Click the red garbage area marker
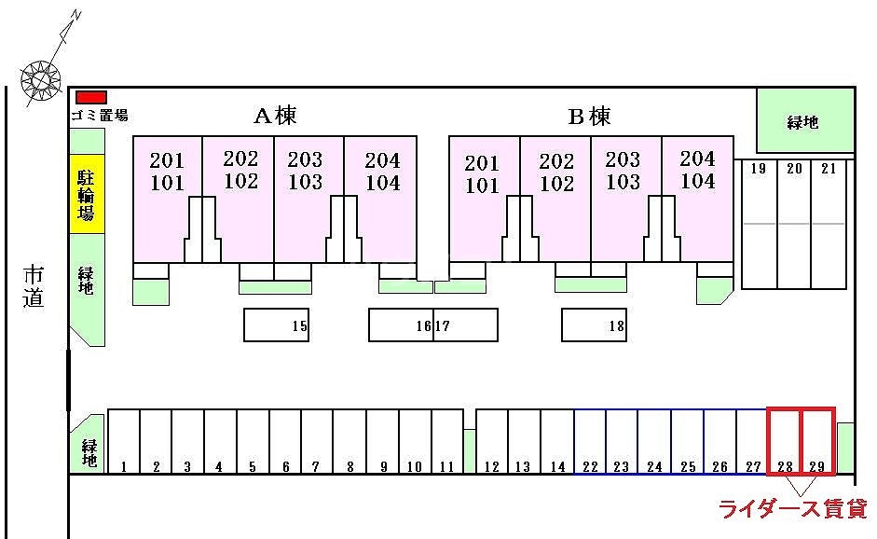click(x=91, y=97)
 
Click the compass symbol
click(x=40, y=80)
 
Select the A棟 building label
click(x=275, y=116)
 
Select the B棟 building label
click(x=590, y=117)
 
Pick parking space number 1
click(x=124, y=442)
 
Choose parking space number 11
click(x=447, y=442)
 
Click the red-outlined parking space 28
click(x=785, y=441)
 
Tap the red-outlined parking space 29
click(x=817, y=441)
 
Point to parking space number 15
click(x=276, y=325)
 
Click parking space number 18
click(x=594, y=325)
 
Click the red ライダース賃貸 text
click(x=791, y=509)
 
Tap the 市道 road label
click(x=34, y=286)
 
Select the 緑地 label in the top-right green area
click(x=802, y=121)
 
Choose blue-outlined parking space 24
click(x=654, y=442)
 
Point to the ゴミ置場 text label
click(x=100, y=116)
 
